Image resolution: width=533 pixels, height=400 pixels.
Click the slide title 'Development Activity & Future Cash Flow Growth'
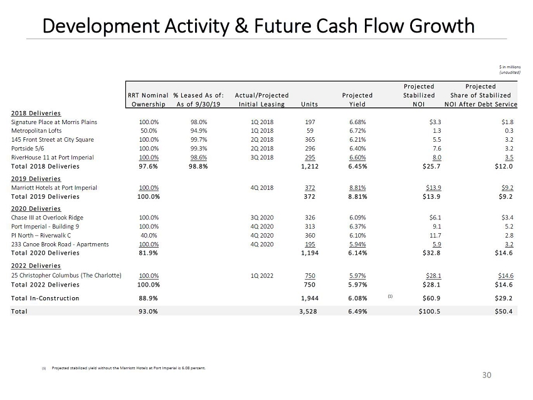pos(258,26)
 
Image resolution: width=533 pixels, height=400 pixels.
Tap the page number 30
pos(487,374)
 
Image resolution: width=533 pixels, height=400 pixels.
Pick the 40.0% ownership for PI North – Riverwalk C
pos(149,235)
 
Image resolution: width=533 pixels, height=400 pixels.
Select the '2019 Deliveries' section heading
pos(32,178)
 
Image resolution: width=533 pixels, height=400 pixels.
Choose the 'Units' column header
pos(309,104)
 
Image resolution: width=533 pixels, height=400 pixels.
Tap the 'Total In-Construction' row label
pos(45,298)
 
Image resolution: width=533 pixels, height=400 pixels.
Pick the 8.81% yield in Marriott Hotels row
pos(357,187)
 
